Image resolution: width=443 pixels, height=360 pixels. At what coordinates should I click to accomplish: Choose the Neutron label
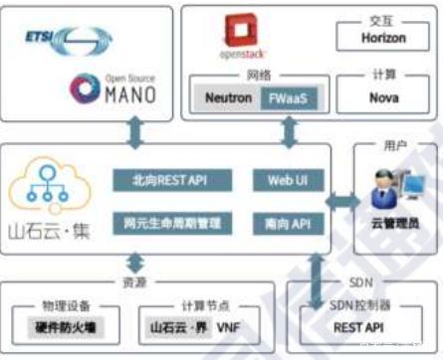[x=227, y=98]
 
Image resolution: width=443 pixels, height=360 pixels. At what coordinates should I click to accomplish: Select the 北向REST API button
[x=171, y=180]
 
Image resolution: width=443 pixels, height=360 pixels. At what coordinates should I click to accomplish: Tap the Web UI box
[x=288, y=180]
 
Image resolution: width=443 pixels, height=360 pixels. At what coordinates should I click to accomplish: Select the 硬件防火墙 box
[x=69, y=325]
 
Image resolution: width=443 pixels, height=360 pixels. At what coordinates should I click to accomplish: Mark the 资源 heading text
[x=162, y=282]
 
